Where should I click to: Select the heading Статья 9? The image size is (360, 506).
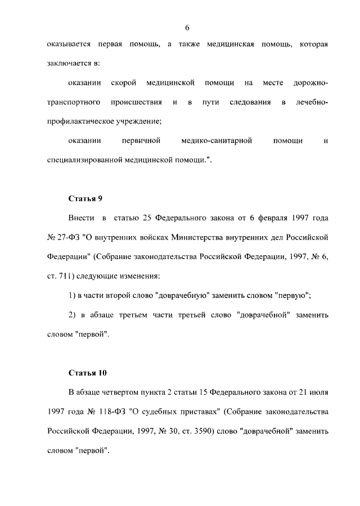pos(85,198)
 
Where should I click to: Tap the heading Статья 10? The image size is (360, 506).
pos(87,373)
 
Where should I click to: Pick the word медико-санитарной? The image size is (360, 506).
pos(213,141)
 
